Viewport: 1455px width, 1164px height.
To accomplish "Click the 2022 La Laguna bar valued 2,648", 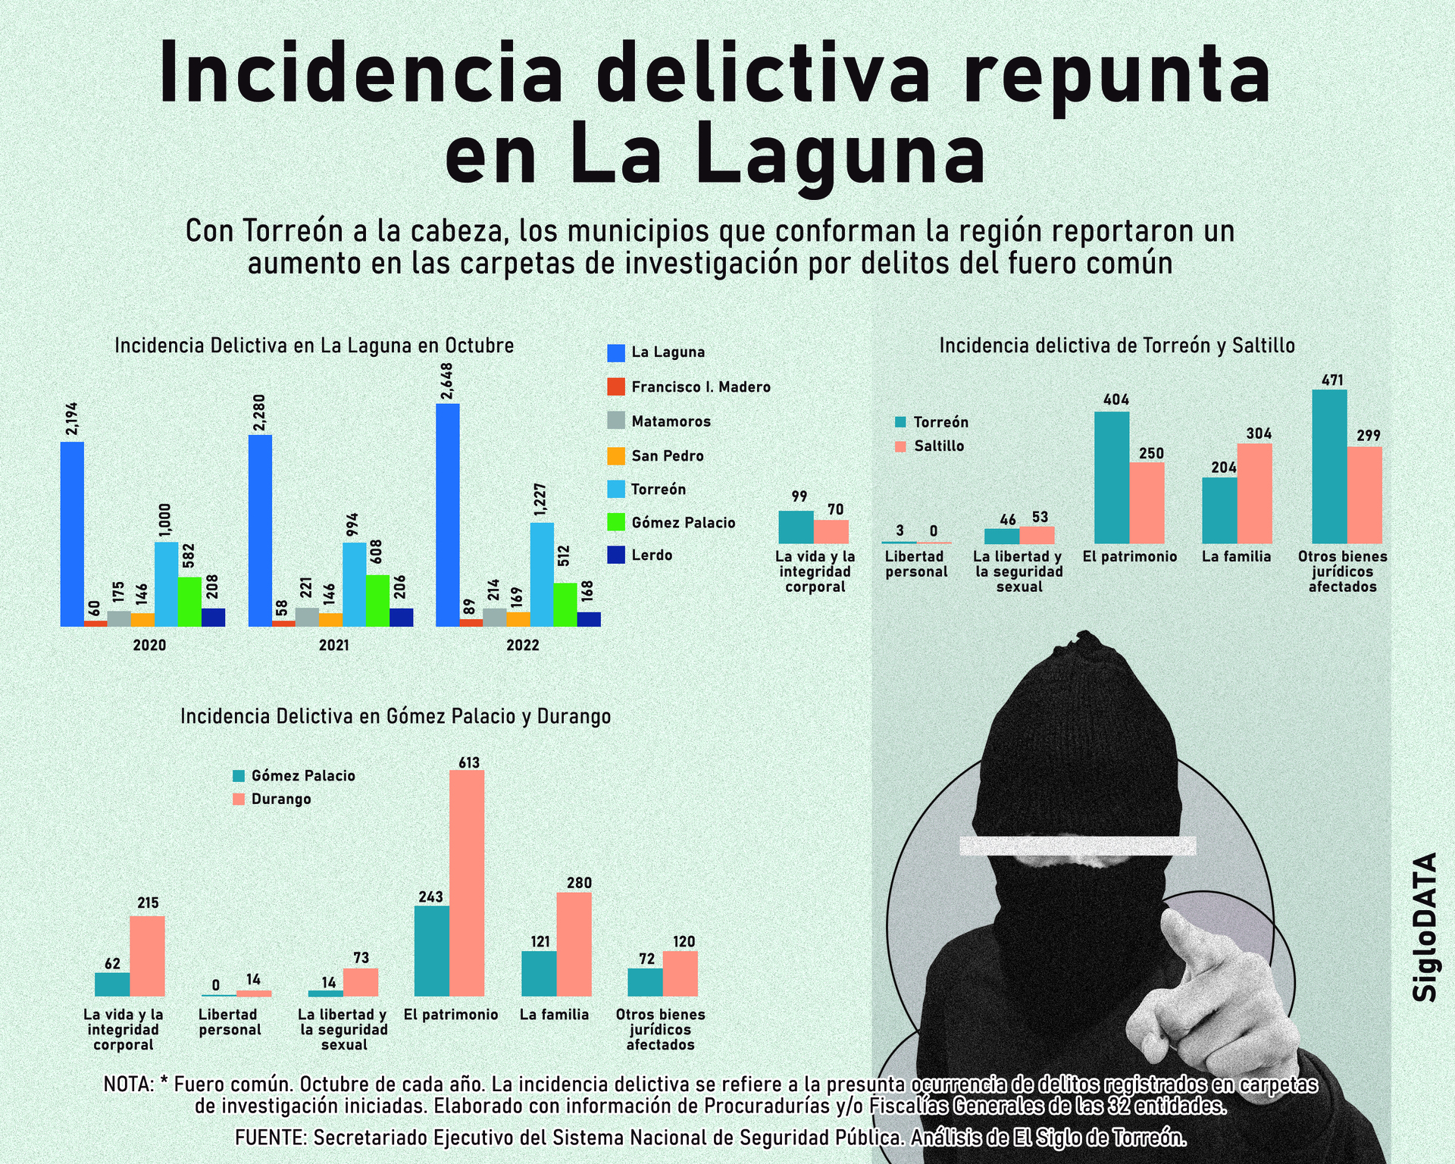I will coord(447,515).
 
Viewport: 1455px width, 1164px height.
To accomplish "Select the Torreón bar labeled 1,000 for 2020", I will coord(166,584).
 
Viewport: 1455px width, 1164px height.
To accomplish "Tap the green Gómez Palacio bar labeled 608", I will coord(377,600).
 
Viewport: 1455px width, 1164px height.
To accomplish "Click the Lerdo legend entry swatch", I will coord(616,555).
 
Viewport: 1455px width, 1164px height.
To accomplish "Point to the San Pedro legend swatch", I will coord(616,455).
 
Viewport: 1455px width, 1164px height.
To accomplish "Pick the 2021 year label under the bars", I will coord(333,645).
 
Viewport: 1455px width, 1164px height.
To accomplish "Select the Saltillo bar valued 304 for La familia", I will coord(1254,493).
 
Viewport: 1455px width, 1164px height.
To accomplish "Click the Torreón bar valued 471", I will coord(1328,466).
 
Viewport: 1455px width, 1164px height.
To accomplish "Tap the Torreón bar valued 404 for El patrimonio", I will coord(1112,477).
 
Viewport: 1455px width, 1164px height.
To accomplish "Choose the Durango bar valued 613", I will coord(467,883).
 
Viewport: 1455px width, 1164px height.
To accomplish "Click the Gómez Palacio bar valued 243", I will coord(431,950).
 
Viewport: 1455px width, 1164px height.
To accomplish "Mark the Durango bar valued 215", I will coord(147,956).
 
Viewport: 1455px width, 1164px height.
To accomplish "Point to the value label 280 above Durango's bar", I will coord(579,883).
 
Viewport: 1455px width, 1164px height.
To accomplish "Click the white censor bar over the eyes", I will coord(1077,846).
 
